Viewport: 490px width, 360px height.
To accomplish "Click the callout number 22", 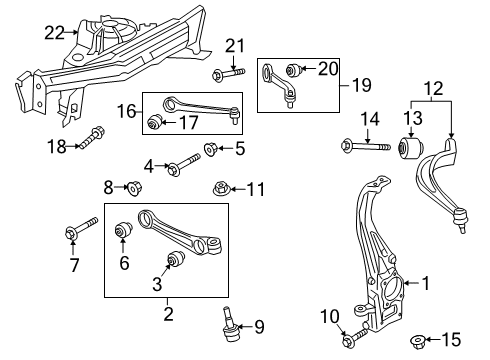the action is (x=54, y=33).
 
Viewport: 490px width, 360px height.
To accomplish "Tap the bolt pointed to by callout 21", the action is (x=228, y=73).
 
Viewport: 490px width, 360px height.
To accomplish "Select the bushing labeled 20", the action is (x=294, y=69).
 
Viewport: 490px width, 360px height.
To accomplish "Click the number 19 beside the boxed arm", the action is (x=361, y=85).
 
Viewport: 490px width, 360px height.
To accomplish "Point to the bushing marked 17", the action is (x=155, y=122).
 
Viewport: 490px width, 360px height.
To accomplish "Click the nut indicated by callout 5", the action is (x=211, y=148).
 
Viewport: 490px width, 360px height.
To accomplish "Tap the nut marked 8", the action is (x=134, y=188).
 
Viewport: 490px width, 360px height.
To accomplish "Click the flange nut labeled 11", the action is (x=220, y=189).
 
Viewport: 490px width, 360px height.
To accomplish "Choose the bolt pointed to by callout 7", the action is (x=82, y=228).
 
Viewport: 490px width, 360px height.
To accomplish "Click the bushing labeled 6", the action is (x=123, y=229).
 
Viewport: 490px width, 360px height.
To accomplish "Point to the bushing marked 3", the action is (x=176, y=258).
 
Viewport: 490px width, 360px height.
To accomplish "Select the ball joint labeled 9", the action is (x=231, y=324).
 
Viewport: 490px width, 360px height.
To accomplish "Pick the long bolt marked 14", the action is (x=365, y=146).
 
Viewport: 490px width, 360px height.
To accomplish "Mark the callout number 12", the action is (x=434, y=88).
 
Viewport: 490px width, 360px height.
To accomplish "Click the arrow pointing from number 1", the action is (x=411, y=283).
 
